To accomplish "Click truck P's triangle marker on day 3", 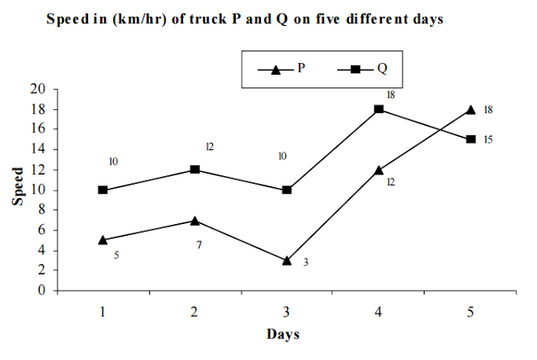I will tap(287, 260).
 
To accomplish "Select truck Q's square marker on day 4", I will tap(379, 109).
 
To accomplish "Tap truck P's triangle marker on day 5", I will tap(471, 109).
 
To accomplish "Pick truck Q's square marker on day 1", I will tap(102, 190).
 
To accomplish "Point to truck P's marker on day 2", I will tap(195, 221).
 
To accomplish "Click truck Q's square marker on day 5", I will tap(471, 139).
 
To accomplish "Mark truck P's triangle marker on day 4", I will tap(379, 170).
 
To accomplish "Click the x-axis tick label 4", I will tap(379, 311).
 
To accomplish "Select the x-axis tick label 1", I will tap(102, 311).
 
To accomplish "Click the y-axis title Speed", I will tap(18, 190).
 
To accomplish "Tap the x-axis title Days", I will tap(284, 334).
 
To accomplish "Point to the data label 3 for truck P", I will tap(306, 263).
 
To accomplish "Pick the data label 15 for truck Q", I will tap(488, 139).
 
